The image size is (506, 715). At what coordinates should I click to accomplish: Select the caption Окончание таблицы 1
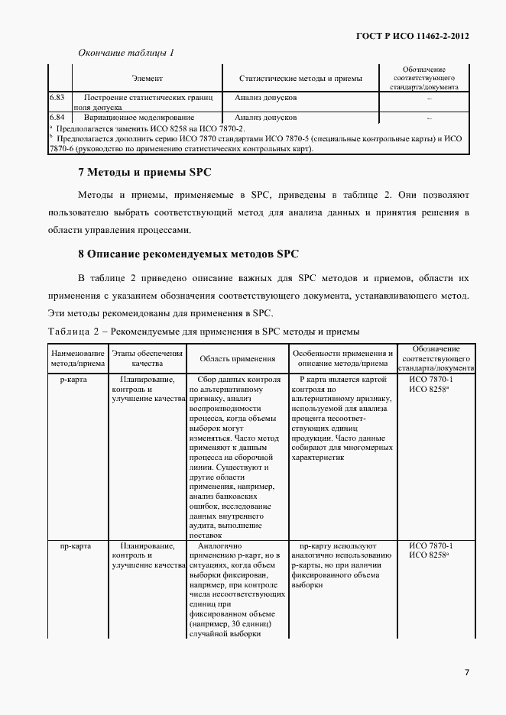[x=127, y=53]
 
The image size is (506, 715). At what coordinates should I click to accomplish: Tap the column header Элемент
[x=147, y=78]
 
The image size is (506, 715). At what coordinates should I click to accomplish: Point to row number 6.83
[x=57, y=98]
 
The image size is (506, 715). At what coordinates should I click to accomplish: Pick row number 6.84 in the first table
[x=57, y=118]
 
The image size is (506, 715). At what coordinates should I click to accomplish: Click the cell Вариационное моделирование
[x=140, y=118]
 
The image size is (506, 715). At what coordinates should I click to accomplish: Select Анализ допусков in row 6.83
[x=266, y=98]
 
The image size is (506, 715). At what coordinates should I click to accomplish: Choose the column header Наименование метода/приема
[x=77, y=358]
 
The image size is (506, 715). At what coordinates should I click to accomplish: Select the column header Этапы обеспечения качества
[x=148, y=358]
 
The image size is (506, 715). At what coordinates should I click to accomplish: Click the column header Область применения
[x=237, y=358]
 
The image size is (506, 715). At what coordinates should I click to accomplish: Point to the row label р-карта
[x=77, y=379]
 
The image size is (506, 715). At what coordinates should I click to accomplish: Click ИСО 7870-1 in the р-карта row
[x=431, y=379]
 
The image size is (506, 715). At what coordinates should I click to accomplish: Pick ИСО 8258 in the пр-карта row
[x=429, y=555]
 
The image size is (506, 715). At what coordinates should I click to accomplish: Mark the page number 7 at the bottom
[x=467, y=672]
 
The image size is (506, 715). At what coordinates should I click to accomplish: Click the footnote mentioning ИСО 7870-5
[x=260, y=139]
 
